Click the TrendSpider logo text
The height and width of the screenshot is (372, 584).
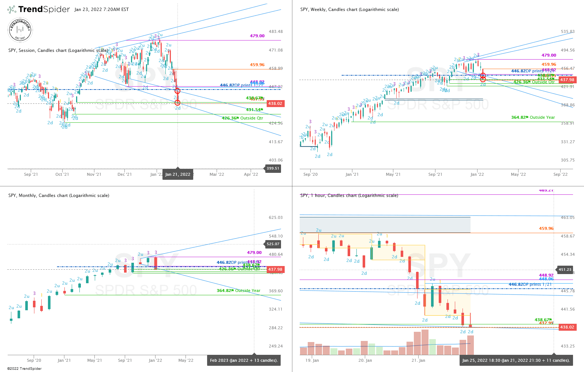pos(44,10)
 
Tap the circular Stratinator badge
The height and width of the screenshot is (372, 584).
pos(20,30)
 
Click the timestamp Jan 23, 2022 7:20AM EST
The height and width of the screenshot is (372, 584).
pos(101,10)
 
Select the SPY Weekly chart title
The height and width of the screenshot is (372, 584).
pos(349,10)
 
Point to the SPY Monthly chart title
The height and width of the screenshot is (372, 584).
pos(59,196)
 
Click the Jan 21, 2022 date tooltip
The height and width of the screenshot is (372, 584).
pos(178,174)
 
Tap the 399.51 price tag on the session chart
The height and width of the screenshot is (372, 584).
pos(273,168)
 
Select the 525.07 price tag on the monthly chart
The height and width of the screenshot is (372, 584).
pos(273,244)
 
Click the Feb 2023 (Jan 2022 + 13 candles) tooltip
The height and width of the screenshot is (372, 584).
pos(244,360)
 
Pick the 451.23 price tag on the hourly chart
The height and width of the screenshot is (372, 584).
pos(565,270)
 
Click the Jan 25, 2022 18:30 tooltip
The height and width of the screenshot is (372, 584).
pos(516,360)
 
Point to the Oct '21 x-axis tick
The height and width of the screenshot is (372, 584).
pos(62,174)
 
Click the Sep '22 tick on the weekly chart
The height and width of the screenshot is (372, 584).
pos(561,174)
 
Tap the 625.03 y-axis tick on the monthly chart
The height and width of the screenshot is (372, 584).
pos(276,217)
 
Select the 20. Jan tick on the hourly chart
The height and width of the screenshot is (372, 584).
pos(365,360)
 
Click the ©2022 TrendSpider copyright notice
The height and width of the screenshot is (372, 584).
pos(24,368)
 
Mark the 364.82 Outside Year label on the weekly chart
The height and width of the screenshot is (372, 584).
pos(533,117)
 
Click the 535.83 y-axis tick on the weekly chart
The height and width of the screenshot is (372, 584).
pos(568,32)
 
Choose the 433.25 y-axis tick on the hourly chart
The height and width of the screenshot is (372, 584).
pos(568,346)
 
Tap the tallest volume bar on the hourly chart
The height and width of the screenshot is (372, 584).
pos(425,342)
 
